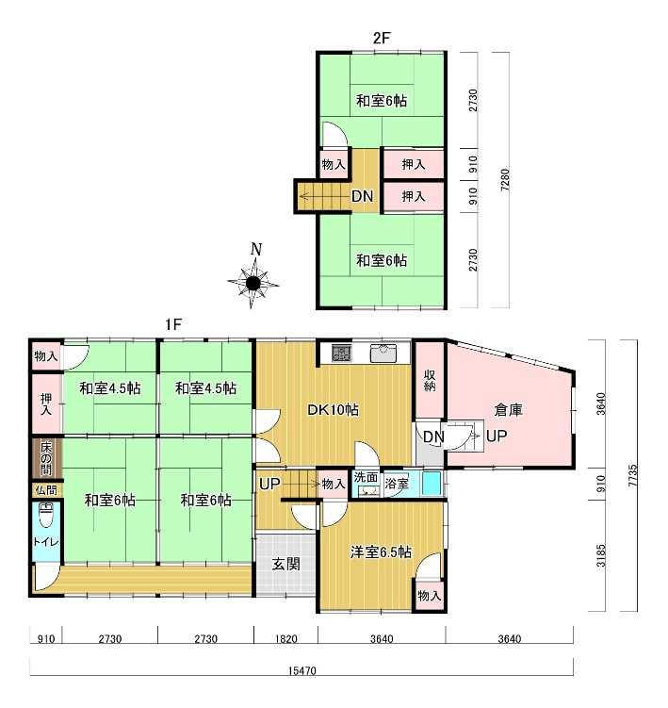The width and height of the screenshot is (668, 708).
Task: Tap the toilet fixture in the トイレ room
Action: (x=46, y=515)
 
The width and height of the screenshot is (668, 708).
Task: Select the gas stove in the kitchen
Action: (x=341, y=353)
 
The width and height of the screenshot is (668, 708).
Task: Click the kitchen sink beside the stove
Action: (x=383, y=353)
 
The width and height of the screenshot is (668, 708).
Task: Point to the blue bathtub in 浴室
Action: (x=431, y=484)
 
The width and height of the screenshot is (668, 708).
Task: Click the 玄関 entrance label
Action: (x=285, y=564)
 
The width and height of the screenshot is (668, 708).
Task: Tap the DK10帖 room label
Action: (x=334, y=409)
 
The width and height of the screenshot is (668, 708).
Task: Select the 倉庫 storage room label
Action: (x=508, y=409)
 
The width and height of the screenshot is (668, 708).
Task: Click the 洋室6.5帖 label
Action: (x=381, y=552)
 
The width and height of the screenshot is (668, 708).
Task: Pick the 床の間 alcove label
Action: (x=46, y=458)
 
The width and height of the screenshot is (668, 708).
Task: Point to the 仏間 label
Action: (x=46, y=490)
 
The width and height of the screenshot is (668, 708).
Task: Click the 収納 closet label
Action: (x=430, y=381)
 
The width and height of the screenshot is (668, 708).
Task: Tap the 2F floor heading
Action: (x=381, y=38)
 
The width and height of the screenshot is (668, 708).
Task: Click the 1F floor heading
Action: (x=173, y=323)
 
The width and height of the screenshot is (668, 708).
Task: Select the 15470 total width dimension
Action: (x=301, y=670)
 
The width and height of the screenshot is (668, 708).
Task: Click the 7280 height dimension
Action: (x=505, y=180)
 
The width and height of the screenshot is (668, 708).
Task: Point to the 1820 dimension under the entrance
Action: (x=286, y=639)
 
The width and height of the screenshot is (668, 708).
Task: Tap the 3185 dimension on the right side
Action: (x=601, y=556)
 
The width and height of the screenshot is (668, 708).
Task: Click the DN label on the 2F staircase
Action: (x=363, y=196)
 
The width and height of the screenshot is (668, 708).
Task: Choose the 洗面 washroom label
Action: (x=366, y=477)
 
